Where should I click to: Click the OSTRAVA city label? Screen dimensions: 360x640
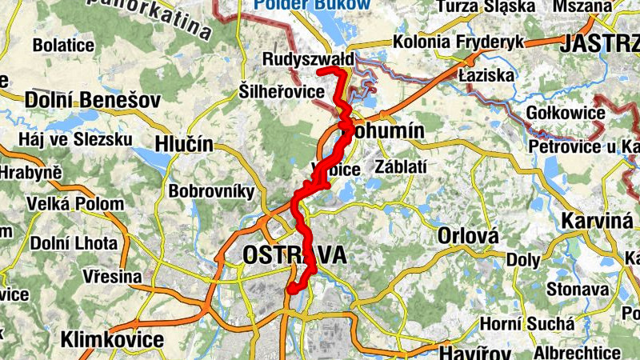[294, 255]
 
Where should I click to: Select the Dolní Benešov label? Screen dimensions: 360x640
[93, 100]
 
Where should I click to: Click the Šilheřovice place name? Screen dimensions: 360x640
[282, 90]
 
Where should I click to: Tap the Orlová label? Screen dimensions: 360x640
[468, 236]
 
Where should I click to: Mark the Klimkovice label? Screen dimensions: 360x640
[112, 339]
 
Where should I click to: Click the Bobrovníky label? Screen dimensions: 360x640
[211, 191]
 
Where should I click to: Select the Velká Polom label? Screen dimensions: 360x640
[75, 204]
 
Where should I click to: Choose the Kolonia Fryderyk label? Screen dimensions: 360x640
[458, 42]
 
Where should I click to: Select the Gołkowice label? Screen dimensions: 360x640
[566, 112]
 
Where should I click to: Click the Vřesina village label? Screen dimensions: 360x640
[111, 276]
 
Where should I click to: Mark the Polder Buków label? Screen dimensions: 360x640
[312, 5]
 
